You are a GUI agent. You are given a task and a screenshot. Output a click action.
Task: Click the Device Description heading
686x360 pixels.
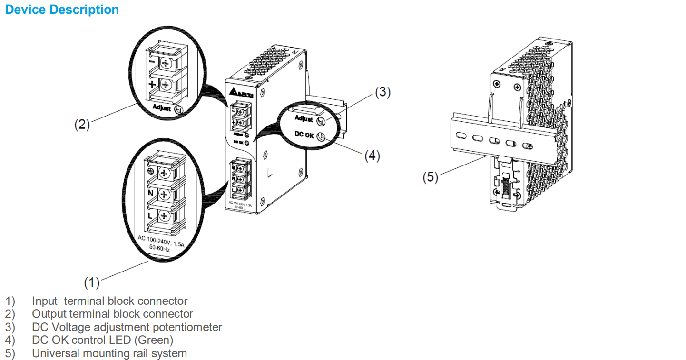pos(62,10)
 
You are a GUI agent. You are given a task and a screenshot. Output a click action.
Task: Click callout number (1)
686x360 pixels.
pos(92,282)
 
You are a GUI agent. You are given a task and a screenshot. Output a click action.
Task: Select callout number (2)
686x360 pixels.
pos(82,124)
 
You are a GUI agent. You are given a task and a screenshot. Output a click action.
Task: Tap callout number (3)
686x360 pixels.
pos(382,93)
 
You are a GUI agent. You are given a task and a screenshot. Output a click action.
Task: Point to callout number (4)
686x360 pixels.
pos(372,156)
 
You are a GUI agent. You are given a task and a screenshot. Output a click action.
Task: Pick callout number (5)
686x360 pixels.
pos(431,177)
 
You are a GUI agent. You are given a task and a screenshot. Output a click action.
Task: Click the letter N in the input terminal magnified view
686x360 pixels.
pos(150,193)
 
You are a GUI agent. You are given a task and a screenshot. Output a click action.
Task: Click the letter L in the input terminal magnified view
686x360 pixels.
pos(150,216)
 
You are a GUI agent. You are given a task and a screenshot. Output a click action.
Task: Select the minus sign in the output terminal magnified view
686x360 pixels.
pos(152,62)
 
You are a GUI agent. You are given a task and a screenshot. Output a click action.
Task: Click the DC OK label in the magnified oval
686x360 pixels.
pos(304,135)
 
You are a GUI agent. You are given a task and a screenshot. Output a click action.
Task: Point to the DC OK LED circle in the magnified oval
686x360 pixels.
pos(321,137)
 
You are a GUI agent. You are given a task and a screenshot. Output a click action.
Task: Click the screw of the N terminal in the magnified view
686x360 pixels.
pos(164,194)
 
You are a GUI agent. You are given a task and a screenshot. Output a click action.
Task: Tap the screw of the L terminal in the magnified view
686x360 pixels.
pos(164,216)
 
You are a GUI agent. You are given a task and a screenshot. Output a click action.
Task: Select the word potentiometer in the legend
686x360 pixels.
pos(191,327)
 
